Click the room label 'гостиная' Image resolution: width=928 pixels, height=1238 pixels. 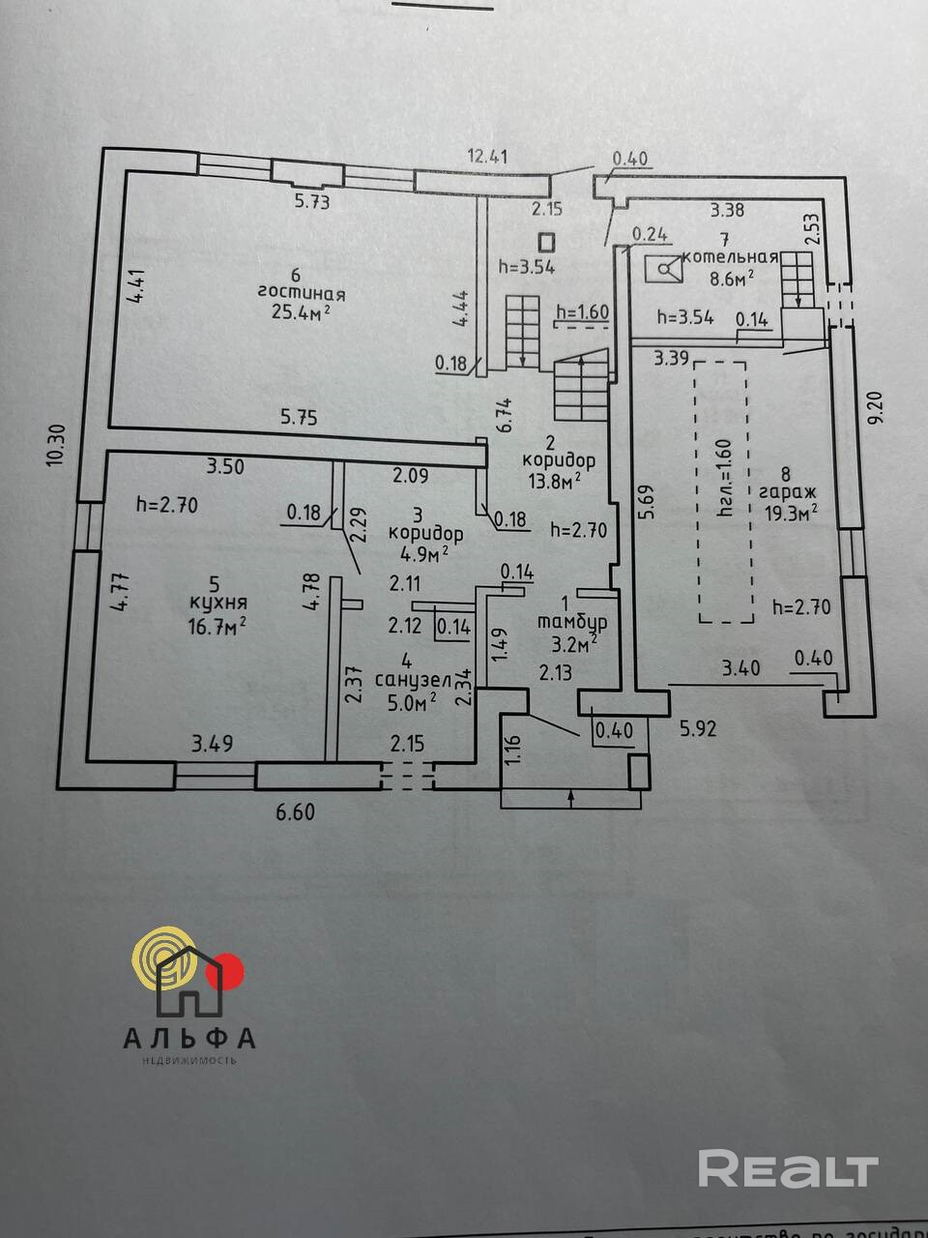[x=302, y=293]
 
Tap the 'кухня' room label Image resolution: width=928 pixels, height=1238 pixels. [x=214, y=604]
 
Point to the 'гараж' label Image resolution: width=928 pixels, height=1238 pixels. [x=788, y=493]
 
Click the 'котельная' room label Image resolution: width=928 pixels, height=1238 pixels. [x=730, y=257]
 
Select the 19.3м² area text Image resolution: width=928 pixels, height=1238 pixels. [x=791, y=513]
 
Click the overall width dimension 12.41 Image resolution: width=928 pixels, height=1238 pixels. [x=487, y=155]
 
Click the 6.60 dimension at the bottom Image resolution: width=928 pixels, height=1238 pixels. [x=295, y=813]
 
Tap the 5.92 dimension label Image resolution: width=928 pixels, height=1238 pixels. [x=698, y=729]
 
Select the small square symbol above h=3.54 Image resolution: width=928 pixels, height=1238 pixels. [x=547, y=243]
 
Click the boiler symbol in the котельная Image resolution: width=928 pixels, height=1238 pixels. [x=664, y=268]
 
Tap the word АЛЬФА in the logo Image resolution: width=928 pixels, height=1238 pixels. [x=189, y=1038]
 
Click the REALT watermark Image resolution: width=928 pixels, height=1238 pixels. [x=788, y=1169]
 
